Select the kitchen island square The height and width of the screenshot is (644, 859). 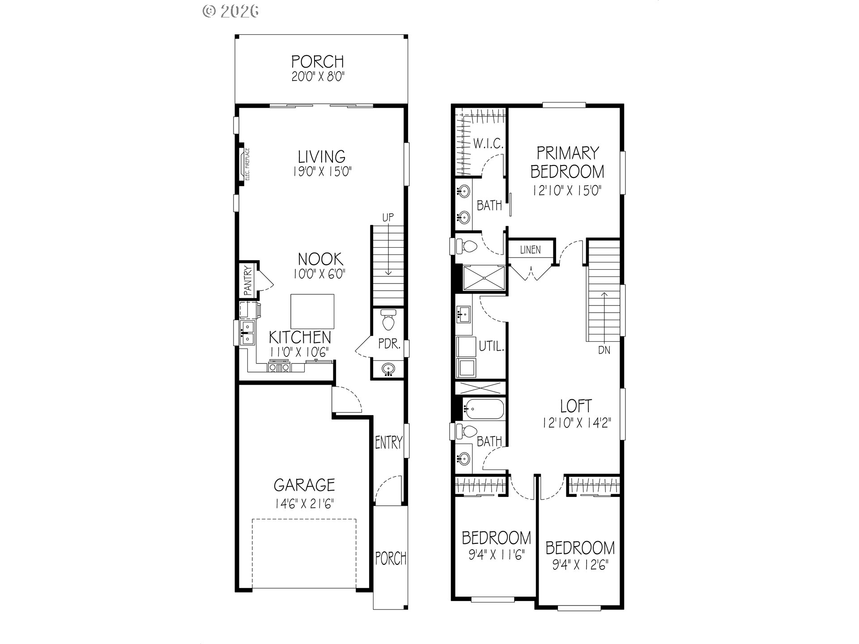312,312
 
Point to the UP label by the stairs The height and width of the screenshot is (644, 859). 388,218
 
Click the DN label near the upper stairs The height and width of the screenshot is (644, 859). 604,350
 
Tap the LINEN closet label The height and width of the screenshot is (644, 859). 530,250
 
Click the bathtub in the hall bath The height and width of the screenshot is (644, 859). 485,409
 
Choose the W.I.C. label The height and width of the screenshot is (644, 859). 488,144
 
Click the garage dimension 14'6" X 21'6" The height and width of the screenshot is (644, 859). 304,504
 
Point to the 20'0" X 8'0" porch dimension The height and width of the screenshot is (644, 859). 318,77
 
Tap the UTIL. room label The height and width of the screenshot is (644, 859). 492,346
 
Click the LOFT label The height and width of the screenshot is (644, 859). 576,406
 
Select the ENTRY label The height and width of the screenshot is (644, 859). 388,443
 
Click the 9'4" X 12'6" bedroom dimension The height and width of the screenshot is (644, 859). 580,565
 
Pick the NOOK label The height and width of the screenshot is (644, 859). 320,259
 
